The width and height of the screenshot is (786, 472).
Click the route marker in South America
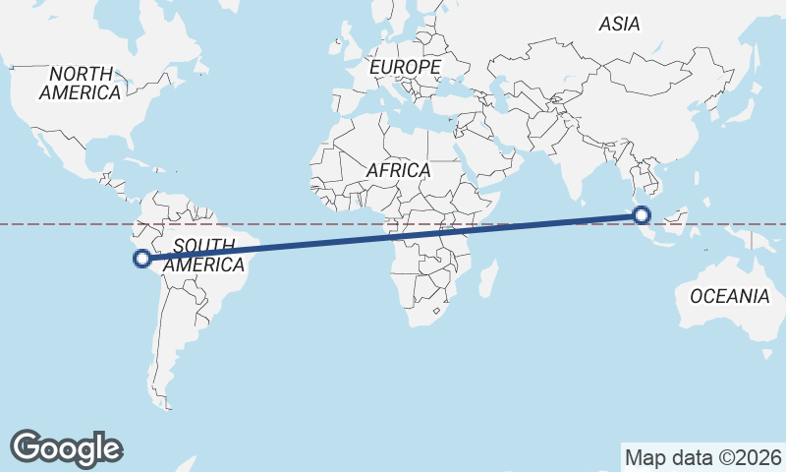(141, 259)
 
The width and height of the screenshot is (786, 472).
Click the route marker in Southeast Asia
(642, 214)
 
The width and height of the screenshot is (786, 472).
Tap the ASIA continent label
(619, 24)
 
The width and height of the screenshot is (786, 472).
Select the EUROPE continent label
(405, 67)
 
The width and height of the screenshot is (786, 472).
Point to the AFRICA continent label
(398, 170)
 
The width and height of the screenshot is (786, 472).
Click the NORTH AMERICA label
(82, 83)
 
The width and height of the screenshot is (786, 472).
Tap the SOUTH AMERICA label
(203, 256)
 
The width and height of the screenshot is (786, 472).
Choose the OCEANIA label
(730, 296)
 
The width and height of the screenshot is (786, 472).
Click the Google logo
(66, 447)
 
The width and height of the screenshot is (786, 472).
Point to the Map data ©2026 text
(703, 457)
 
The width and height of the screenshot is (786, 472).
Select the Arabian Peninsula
(491, 157)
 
